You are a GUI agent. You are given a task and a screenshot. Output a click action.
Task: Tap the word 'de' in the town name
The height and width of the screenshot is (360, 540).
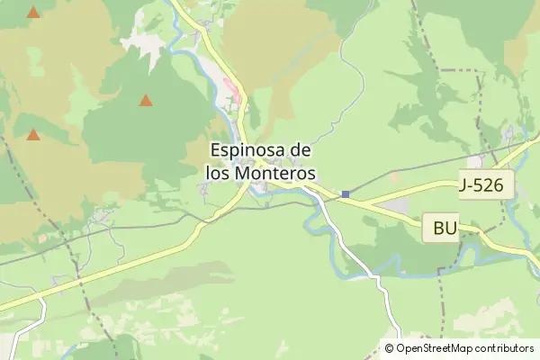tap(304, 149)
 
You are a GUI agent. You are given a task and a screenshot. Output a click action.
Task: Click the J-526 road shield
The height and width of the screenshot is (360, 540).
tap(486, 186)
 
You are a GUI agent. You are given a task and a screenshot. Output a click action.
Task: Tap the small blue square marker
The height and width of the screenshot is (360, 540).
tap(345, 193)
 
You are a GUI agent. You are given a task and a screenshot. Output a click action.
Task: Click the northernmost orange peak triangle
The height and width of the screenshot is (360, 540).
tap(33, 13)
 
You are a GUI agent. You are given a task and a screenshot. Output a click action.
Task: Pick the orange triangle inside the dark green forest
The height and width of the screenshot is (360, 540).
tap(145, 101)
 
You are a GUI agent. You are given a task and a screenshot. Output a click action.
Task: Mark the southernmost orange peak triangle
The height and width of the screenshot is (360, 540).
tap(33, 135)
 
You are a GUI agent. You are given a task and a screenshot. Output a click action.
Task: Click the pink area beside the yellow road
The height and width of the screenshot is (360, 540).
tap(232, 90)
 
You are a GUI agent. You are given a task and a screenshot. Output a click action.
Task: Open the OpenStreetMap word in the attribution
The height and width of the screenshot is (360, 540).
tap(436, 348)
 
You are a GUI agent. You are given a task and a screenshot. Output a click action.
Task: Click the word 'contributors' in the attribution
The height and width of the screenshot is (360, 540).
tap(506, 348)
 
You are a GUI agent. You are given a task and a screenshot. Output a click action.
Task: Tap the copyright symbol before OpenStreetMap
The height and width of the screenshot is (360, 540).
tap(389, 348)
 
